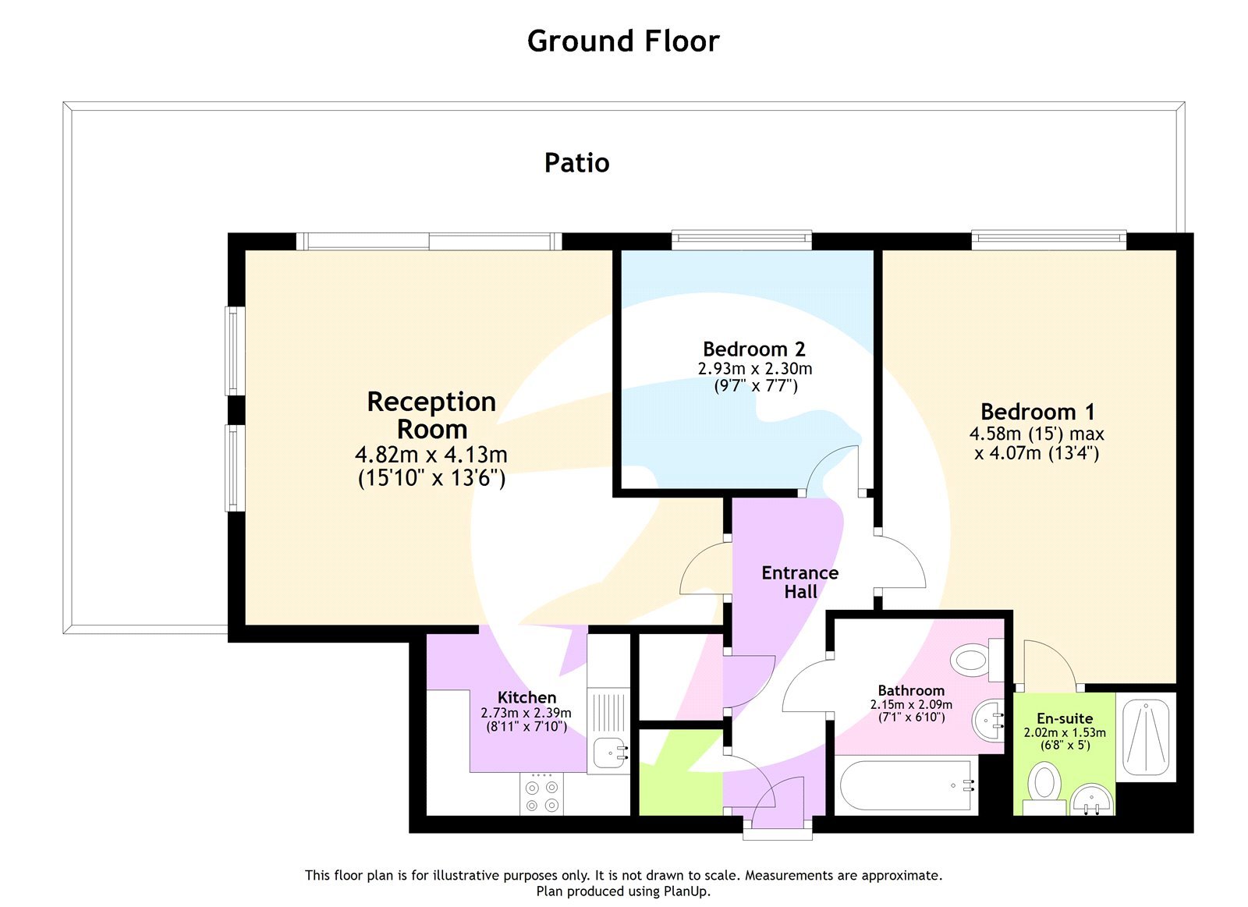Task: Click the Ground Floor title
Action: coord(623,41)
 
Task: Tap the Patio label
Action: coord(576,163)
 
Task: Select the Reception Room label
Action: coord(431,415)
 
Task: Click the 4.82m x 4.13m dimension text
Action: coord(431,454)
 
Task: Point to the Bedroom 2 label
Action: coord(753,349)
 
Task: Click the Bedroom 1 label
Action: coord(1037,411)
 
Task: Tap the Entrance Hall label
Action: coord(799,582)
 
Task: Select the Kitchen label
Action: coord(526,697)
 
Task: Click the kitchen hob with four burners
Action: coord(542,795)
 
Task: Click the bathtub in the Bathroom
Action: coord(905,786)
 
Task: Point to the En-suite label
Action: coord(1065,718)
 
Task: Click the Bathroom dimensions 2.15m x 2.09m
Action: coord(911,704)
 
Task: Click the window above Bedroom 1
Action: coord(1048,239)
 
